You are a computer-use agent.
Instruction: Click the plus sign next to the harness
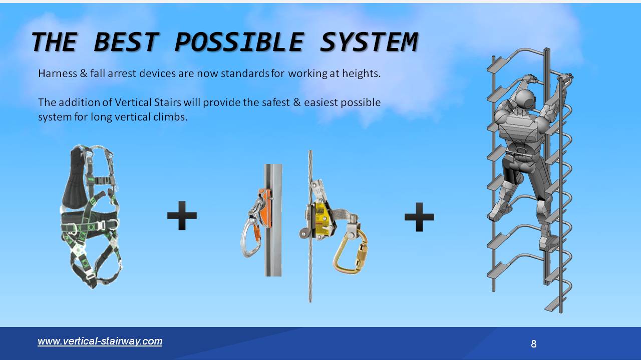(x=182, y=216)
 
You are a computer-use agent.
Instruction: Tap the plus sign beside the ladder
(x=419, y=216)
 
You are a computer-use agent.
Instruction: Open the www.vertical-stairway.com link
(x=100, y=341)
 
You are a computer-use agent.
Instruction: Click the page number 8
(x=533, y=344)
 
